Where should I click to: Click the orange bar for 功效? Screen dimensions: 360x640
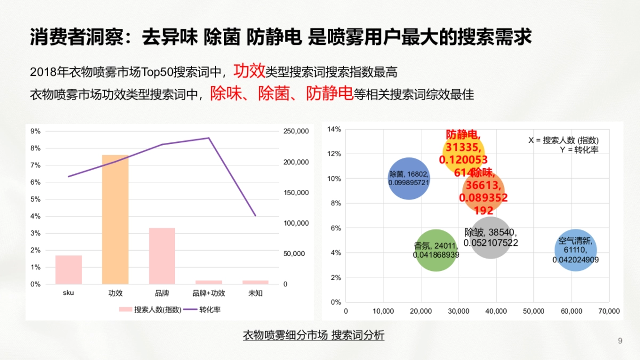point(115,219)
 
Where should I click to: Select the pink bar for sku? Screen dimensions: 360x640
point(69,269)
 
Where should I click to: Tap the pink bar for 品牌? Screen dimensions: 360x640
point(162,256)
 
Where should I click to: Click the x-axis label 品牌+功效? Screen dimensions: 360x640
point(209,293)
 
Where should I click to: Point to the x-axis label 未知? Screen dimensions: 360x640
point(255,293)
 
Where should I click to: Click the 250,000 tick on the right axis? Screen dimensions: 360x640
point(296,131)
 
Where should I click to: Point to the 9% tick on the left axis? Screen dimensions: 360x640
point(36,131)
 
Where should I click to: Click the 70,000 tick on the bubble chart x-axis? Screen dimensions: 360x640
point(609,311)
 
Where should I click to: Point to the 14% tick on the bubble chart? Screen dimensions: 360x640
point(334,129)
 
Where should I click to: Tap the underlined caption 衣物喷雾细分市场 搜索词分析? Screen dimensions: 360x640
point(314,335)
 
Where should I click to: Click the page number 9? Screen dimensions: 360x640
point(620,341)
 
